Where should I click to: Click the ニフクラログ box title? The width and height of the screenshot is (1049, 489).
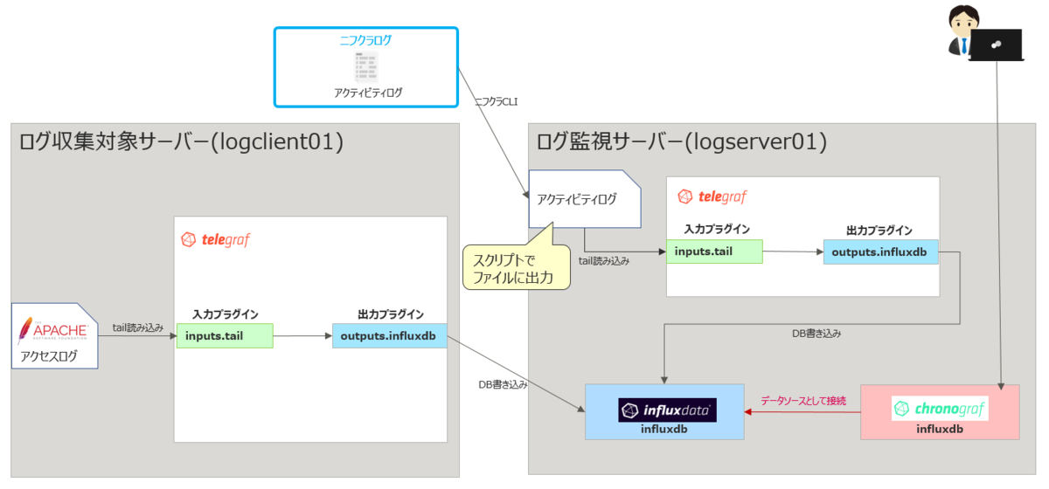(x=365, y=40)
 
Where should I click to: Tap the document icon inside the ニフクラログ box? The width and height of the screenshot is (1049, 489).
(x=366, y=66)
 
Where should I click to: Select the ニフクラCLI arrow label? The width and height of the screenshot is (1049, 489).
(x=496, y=102)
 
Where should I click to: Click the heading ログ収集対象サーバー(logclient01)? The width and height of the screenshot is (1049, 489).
(x=181, y=141)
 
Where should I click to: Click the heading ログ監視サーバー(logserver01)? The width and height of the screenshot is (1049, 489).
(x=682, y=141)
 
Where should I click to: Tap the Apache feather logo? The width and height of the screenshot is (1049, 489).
(x=25, y=331)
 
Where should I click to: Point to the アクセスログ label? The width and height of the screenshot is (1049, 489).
(x=49, y=356)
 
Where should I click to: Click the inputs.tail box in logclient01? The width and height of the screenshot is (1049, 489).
(x=225, y=335)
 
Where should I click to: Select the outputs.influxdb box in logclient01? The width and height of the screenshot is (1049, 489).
(x=389, y=335)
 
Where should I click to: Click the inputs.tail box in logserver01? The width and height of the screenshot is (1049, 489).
(x=713, y=252)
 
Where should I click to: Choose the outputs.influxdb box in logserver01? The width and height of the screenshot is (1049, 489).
(x=880, y=252)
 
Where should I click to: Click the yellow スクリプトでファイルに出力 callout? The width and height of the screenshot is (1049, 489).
(x=516, y=267)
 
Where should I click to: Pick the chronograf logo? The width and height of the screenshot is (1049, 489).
(x=940, y=408)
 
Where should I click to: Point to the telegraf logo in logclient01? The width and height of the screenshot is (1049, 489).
(x=215, y=239)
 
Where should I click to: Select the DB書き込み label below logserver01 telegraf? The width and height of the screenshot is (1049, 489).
(x=816, y=333)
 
